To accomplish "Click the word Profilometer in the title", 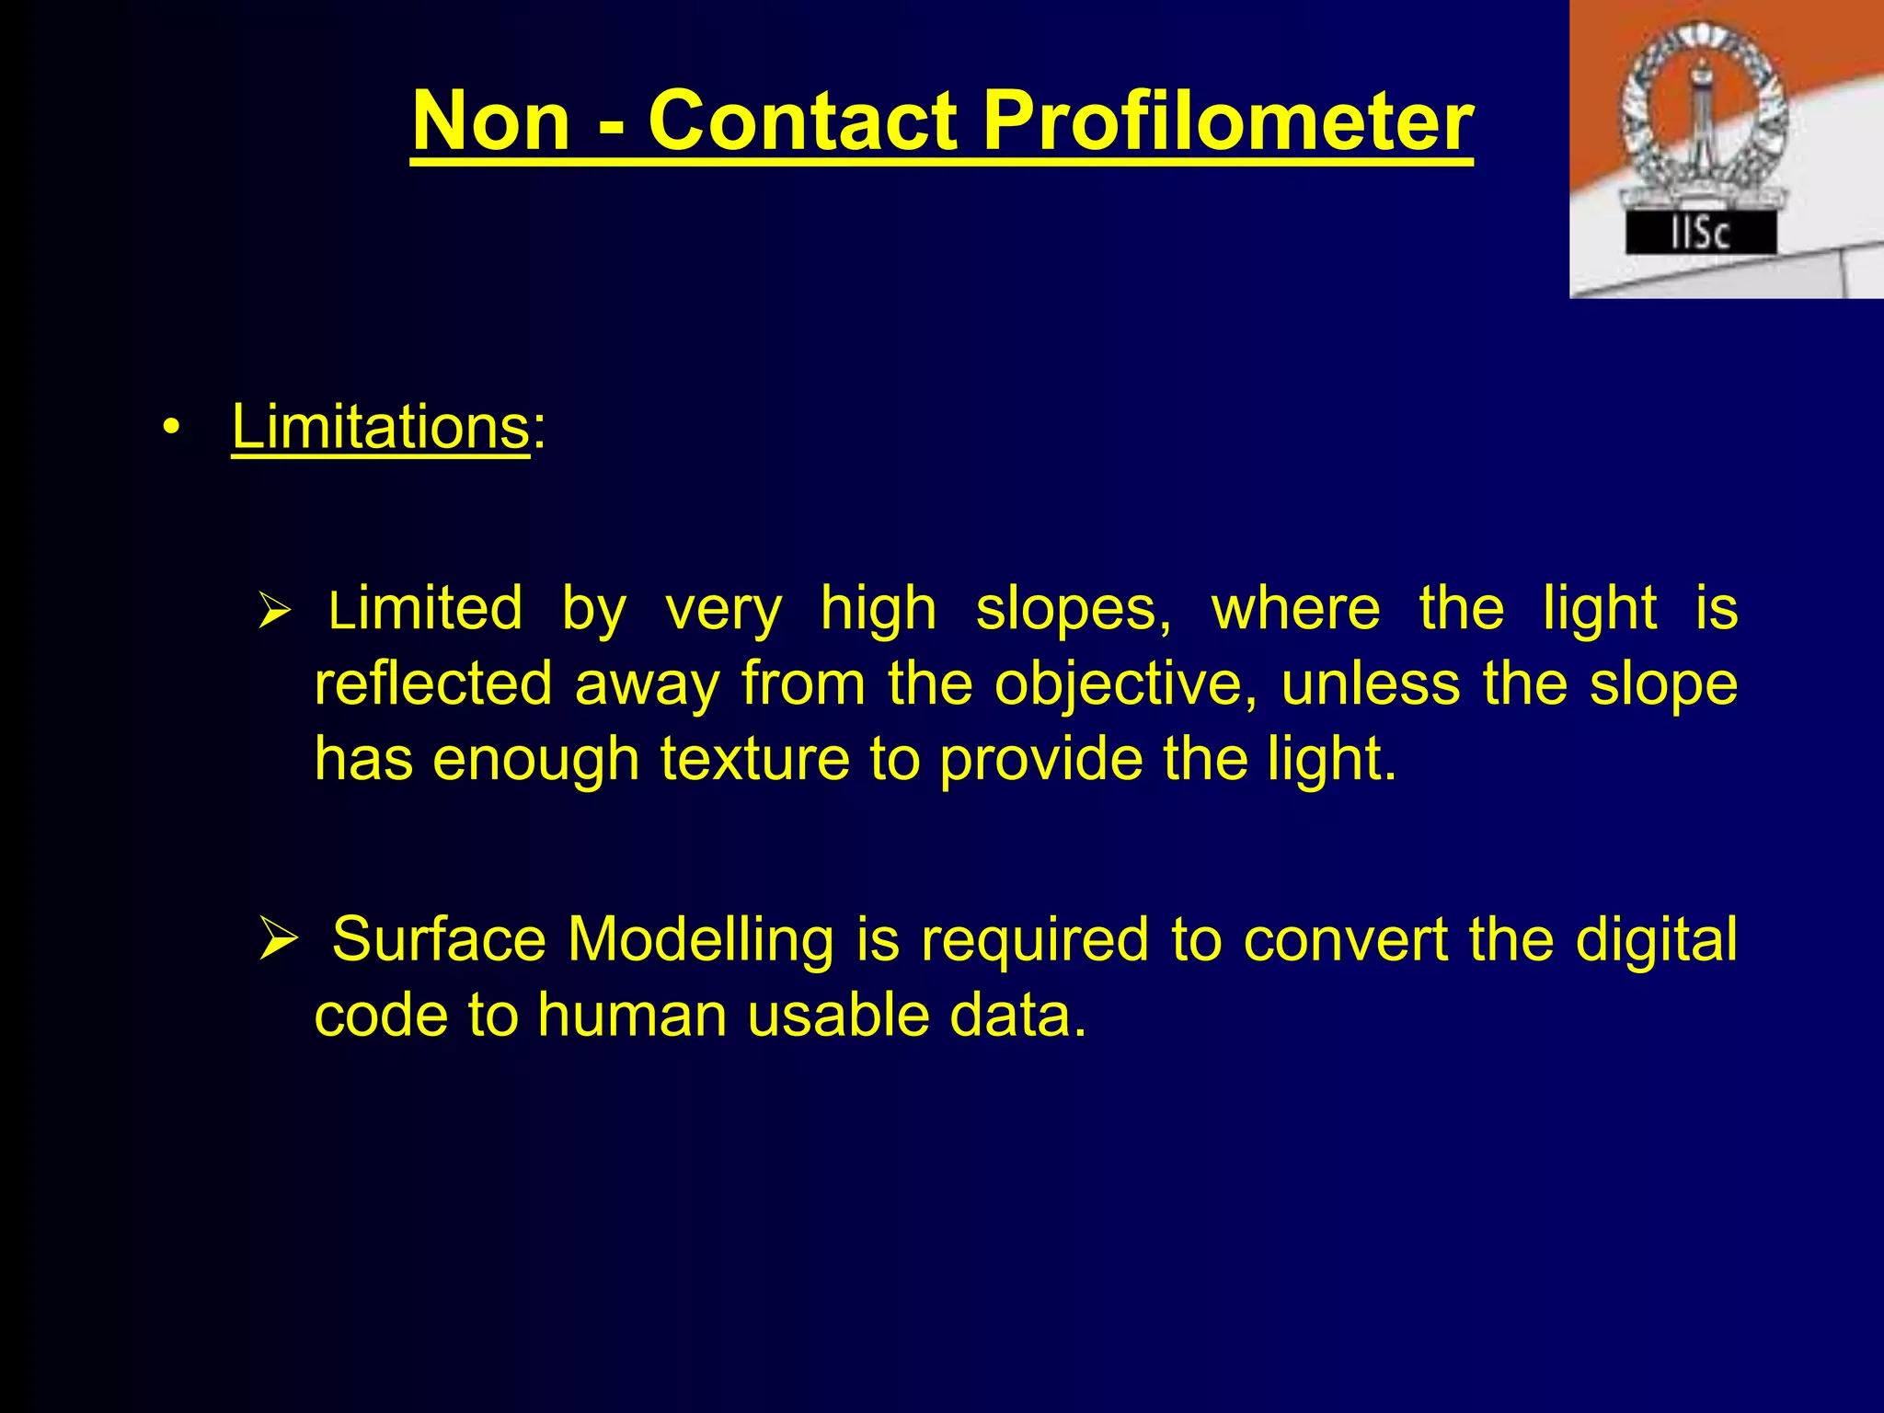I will coord(1227,121).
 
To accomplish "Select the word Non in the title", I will coord(492,121).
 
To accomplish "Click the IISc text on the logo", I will coord(1700,234).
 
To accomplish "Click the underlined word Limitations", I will coord(381,427).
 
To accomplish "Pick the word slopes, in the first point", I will coord(1074,609).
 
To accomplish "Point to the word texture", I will coord(755,759).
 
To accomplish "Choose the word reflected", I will coord(433,684).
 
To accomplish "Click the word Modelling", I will coord(700,939).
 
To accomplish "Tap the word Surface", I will coord(439,939).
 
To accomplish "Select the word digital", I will coord(1656,939).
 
